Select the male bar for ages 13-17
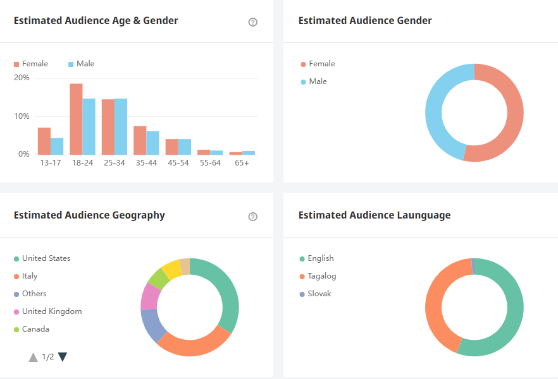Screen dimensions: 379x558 57,146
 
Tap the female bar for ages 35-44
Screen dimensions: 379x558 140,140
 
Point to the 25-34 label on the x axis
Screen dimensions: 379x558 114,163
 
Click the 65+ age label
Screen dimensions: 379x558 242,163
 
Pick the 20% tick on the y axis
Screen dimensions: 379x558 22,78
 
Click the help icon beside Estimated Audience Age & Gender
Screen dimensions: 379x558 253,22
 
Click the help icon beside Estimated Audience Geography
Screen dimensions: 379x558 253,217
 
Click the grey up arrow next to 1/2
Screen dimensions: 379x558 34,358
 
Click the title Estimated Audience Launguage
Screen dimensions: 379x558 374,215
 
